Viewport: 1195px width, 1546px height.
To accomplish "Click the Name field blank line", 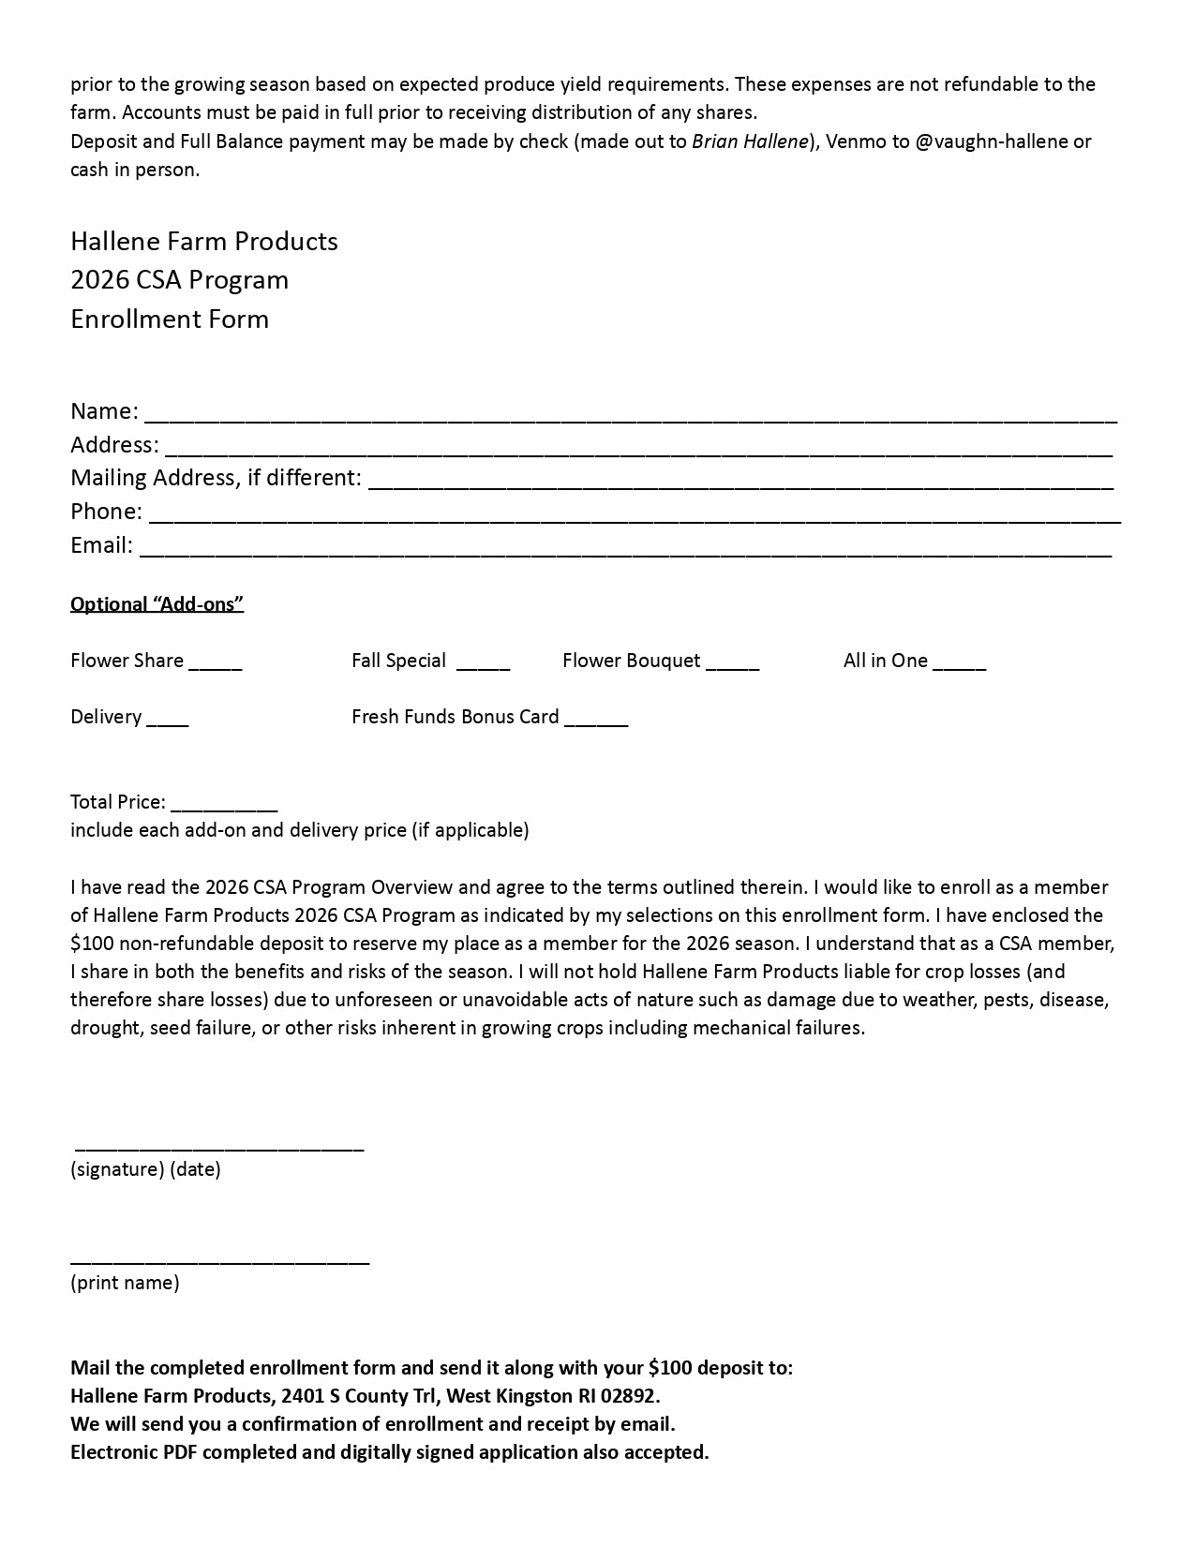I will pos(630,413).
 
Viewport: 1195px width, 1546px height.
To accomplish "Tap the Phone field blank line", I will pos(635,513).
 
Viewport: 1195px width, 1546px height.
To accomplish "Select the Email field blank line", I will pos(625,547).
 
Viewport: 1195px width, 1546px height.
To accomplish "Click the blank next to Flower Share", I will pos(216,662).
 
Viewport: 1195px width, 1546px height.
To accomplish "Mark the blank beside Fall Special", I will pos(483,662).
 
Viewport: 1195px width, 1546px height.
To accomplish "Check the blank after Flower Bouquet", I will pos(732,662).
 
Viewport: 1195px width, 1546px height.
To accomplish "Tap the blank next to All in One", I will pos(959,662).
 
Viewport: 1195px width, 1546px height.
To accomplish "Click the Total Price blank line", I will pos(224,804).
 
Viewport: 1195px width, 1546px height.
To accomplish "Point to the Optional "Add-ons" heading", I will pos(157,604).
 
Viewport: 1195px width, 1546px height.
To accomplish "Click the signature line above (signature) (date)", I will pos(218,1145).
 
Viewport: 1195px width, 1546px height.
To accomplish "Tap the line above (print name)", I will pos(219,1258).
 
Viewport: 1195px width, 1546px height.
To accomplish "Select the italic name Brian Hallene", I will pos(750,141).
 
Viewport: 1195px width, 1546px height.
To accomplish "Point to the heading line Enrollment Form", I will pos(170,320).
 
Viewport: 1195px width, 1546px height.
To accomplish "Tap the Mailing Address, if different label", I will pos(216,478).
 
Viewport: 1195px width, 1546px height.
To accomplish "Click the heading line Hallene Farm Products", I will pos(204,242).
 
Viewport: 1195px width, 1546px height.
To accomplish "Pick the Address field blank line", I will pos(638,447).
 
